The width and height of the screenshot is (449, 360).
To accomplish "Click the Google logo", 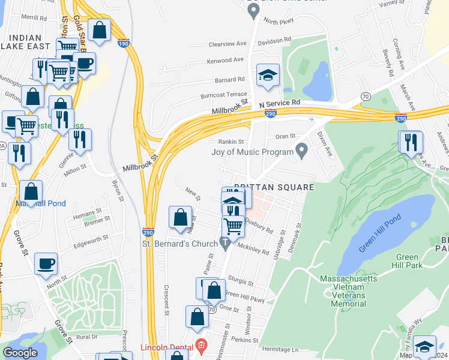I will coord(20,353).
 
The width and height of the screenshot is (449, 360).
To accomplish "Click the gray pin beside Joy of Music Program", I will coord(302,149).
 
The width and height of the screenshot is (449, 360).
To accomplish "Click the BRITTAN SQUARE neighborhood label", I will coord(273,187).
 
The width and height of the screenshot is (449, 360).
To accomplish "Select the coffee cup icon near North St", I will coord(46,264).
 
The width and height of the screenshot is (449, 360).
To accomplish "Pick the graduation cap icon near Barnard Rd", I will coord(268,76).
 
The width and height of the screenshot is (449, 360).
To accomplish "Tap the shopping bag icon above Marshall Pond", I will coord(31,192).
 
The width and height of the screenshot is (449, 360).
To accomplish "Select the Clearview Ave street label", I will coord(228,44).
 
